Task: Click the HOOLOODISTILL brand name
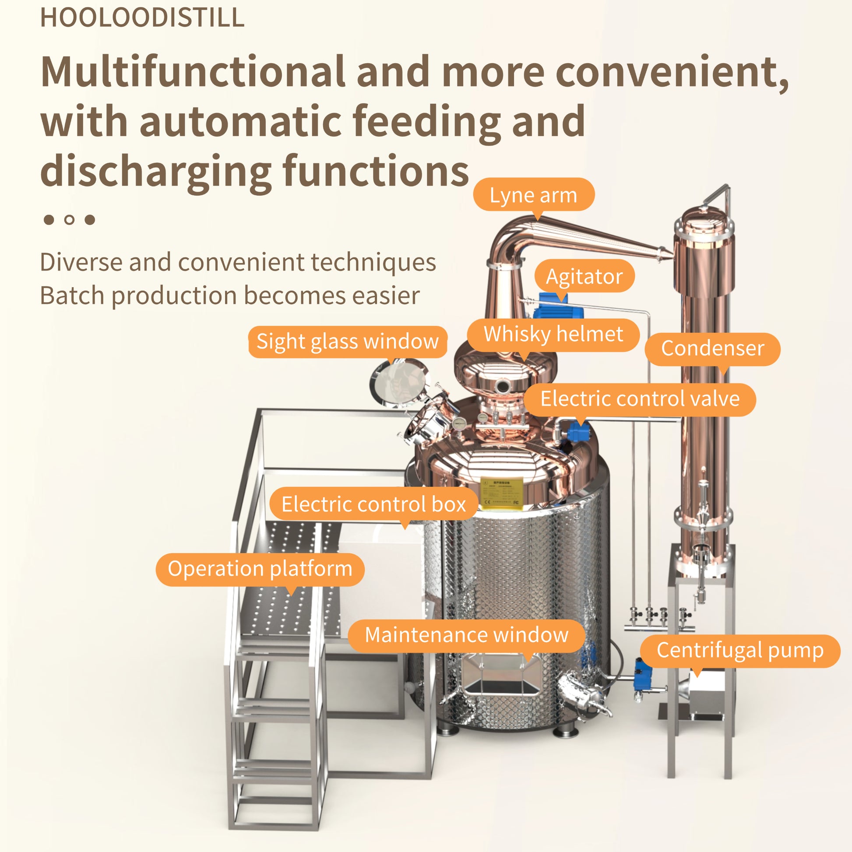coord(142,18)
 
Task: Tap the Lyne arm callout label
coord(533,195)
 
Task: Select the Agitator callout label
coord(584,277)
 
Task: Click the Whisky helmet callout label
coord(553,334)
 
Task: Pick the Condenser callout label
coord(712,349)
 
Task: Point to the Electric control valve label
coord(640,399)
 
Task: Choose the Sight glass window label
coord(348,342)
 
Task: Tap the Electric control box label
coord(373,504)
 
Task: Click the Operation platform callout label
coord(260,569)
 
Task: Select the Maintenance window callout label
coord(467,635)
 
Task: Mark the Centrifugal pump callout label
coord(740,651)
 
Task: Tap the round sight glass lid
coord(399,382)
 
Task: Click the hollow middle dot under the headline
coord(69,220)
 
